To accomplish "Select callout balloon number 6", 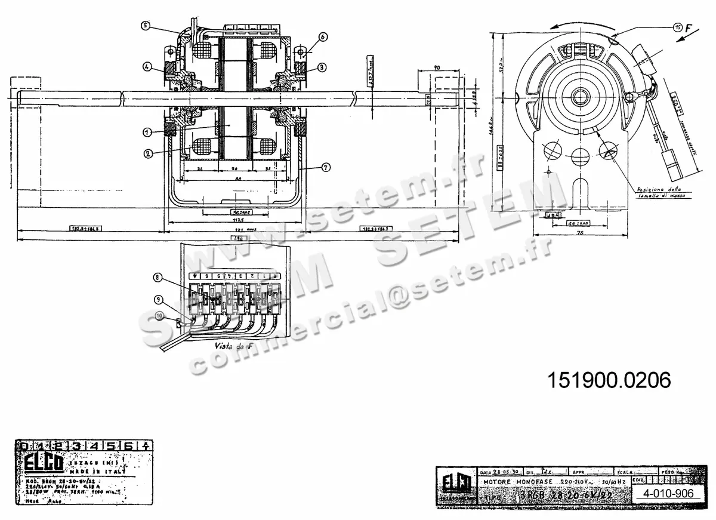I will (322, 36).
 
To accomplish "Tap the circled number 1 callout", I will (147, 131).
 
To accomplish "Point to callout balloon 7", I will (326, 168).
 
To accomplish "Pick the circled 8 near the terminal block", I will (158, 277).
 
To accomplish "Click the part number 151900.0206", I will (609, 380).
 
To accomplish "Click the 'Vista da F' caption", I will (233, 346).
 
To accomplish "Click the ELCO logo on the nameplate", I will (37, 463).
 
